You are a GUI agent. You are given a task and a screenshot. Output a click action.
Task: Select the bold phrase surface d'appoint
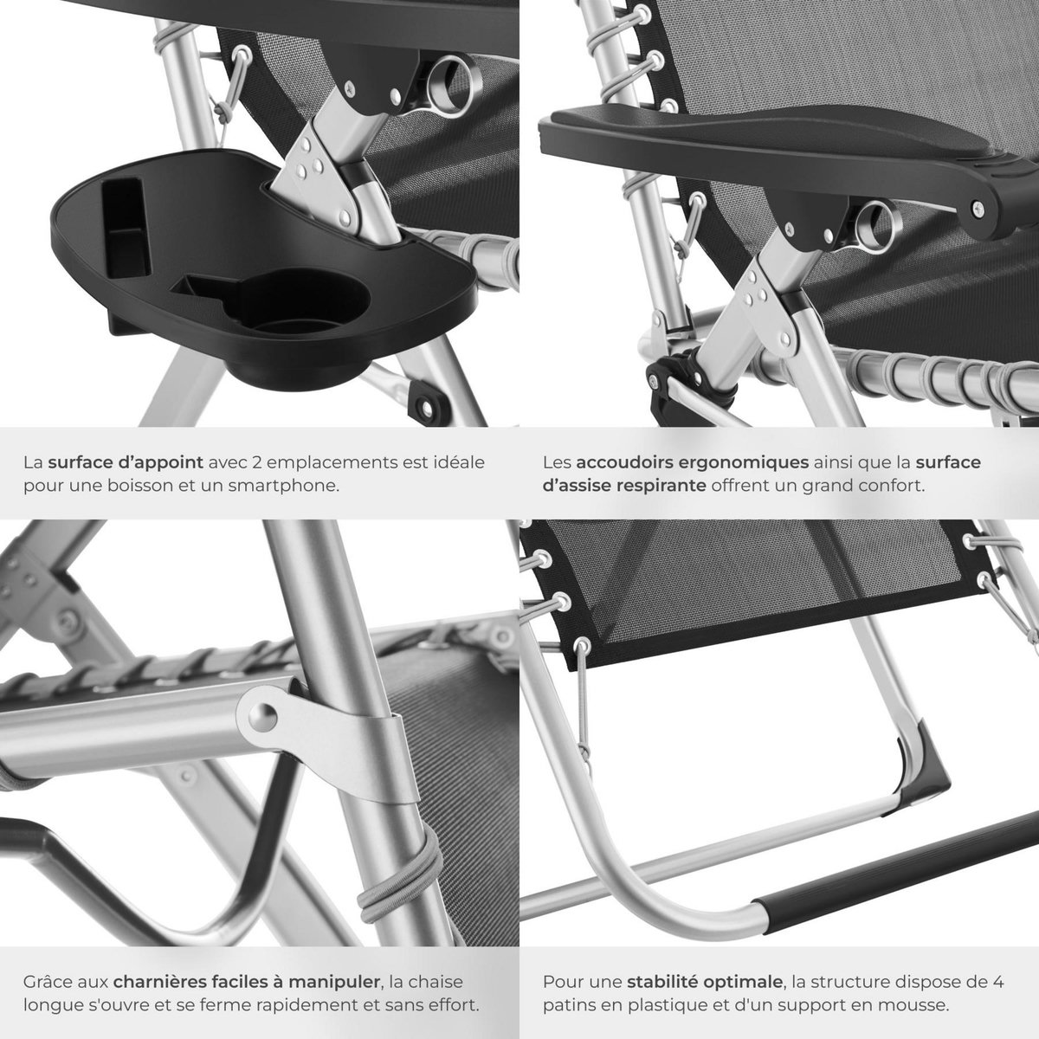pos(126,462)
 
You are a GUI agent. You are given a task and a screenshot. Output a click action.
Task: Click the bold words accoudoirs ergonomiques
pos(693,462)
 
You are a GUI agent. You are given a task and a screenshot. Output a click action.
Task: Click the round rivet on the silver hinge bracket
pos(263,717)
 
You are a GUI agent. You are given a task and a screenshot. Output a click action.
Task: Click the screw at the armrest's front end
pos(977,206)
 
